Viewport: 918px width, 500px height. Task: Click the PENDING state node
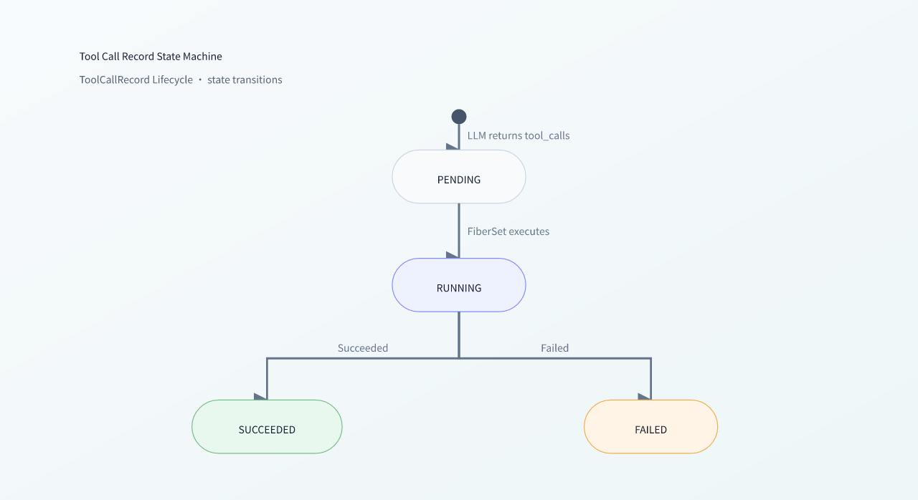458,177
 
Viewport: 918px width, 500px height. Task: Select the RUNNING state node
458,285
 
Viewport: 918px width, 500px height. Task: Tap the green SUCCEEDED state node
267,427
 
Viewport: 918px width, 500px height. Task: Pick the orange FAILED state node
650,427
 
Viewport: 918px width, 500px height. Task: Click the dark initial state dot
458,117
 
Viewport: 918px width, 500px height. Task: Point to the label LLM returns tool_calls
519,136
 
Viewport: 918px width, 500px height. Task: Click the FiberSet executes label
508,231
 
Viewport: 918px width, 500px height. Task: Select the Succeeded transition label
363,348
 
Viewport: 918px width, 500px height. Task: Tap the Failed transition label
554,348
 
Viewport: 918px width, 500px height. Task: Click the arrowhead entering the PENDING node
453,146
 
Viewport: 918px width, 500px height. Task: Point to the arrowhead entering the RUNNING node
453,255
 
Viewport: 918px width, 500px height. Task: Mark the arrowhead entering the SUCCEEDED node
260,396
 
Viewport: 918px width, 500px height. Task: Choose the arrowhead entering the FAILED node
644,396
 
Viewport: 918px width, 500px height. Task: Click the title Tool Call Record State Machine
151,57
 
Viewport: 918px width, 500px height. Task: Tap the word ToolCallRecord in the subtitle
114,80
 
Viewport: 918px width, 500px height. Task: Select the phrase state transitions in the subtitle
245,80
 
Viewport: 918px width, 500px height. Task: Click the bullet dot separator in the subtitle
200,80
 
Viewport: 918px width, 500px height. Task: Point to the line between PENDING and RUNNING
458,231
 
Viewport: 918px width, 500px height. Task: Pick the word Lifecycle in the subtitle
172,80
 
